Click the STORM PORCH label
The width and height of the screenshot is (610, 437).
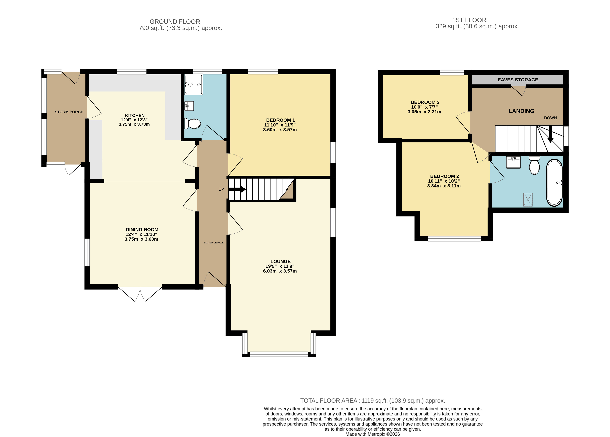69,112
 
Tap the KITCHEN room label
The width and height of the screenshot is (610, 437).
135,115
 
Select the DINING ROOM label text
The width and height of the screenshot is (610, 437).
142,229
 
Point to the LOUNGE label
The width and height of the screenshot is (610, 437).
280,261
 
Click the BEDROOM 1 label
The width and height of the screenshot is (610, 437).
280,120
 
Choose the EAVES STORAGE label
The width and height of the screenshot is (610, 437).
518,80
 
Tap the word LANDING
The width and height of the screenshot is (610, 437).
521,111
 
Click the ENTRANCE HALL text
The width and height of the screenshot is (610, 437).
214,243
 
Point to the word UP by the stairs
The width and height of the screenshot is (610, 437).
221,189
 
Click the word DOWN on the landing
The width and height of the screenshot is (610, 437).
550,118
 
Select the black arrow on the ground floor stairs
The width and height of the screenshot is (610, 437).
237,189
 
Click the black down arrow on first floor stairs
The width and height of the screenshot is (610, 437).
550,134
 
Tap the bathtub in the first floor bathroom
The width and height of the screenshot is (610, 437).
554,183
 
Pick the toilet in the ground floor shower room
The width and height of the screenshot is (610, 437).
193,124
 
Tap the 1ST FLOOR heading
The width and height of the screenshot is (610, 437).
469,20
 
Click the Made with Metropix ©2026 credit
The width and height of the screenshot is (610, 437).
373,434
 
